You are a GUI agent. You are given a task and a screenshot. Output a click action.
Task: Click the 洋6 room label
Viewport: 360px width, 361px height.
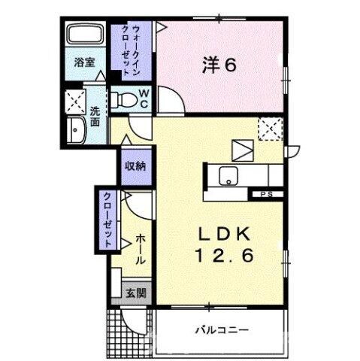pyautogui.click(x=219, y=65)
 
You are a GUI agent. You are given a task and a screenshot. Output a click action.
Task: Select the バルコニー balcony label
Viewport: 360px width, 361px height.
pyautogui.click(x=223, y=329)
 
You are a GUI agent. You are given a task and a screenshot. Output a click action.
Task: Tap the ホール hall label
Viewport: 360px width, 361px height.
pyautogui.click(x=141, y=249)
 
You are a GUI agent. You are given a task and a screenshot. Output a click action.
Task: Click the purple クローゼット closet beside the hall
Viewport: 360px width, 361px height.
pyautogui.click(x=107, y=219)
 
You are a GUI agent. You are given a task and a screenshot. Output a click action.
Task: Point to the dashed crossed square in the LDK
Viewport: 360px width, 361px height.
pyautogui.click(x=268, y=129)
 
